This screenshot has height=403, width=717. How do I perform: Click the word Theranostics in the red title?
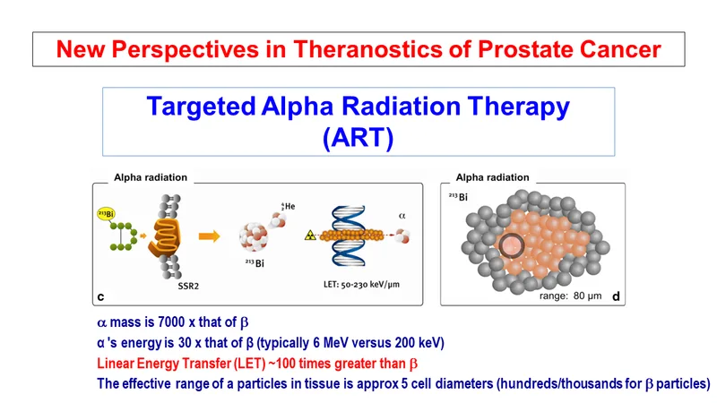(368, 49)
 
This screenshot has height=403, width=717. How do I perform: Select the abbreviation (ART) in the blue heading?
(358, 137)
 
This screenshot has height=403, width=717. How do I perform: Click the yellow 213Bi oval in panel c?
(106, 213)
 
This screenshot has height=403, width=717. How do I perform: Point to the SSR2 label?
(188, 287)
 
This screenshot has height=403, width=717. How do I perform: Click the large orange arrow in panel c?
(210, 236)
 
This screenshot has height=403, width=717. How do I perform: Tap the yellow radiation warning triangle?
(310, 236)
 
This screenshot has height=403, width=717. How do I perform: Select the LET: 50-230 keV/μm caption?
(361, 284)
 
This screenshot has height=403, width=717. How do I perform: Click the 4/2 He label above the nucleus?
(288, 207)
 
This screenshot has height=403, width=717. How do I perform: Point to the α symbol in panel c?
(402, 216)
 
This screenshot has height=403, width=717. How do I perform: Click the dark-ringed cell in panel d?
(511, 245)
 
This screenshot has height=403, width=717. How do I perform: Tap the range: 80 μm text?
(570, 296)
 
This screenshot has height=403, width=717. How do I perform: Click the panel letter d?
(616, 296)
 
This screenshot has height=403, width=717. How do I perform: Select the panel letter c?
(100, 297)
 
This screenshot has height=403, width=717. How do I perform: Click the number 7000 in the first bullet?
(171, 322)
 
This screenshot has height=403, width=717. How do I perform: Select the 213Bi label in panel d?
(458, 197)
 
